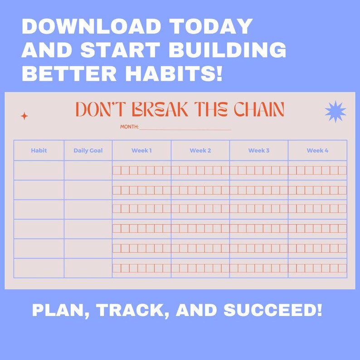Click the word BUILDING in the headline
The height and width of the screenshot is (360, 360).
pyautogui.click(x=227, y=49)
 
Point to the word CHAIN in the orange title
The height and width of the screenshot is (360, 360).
pyautogui.click(x=259, y=109)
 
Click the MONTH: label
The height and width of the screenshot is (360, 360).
pyautogui.click(x=129, y=127)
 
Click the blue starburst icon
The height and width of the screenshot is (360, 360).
pyautogui.click(x=336, y=112)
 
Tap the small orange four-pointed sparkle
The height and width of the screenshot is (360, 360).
pyautogui.click(x=24, y=116)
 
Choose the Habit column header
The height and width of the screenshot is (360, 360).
pyautogui.click(x=39, y=151)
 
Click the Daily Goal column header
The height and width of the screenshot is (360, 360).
pyautogui.click(x=88, y=151)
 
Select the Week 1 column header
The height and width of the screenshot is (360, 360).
pyautogui.click(x=141, y=151)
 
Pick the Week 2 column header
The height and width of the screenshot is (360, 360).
pyautogui.click(x=200, y=151)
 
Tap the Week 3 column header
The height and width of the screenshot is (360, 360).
pyautogui.click(x=259, y=151)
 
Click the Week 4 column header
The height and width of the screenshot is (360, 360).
pyautogui.click(x=317, y=151)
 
